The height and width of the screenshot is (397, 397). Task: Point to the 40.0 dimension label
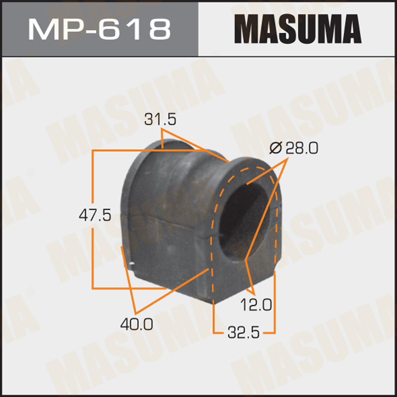tap(136, 325)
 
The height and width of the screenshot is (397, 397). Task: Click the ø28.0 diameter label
tap(294, 148)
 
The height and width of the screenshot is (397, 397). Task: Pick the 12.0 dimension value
tap(256, 304)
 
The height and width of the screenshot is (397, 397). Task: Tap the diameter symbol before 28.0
tap(275, 148)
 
